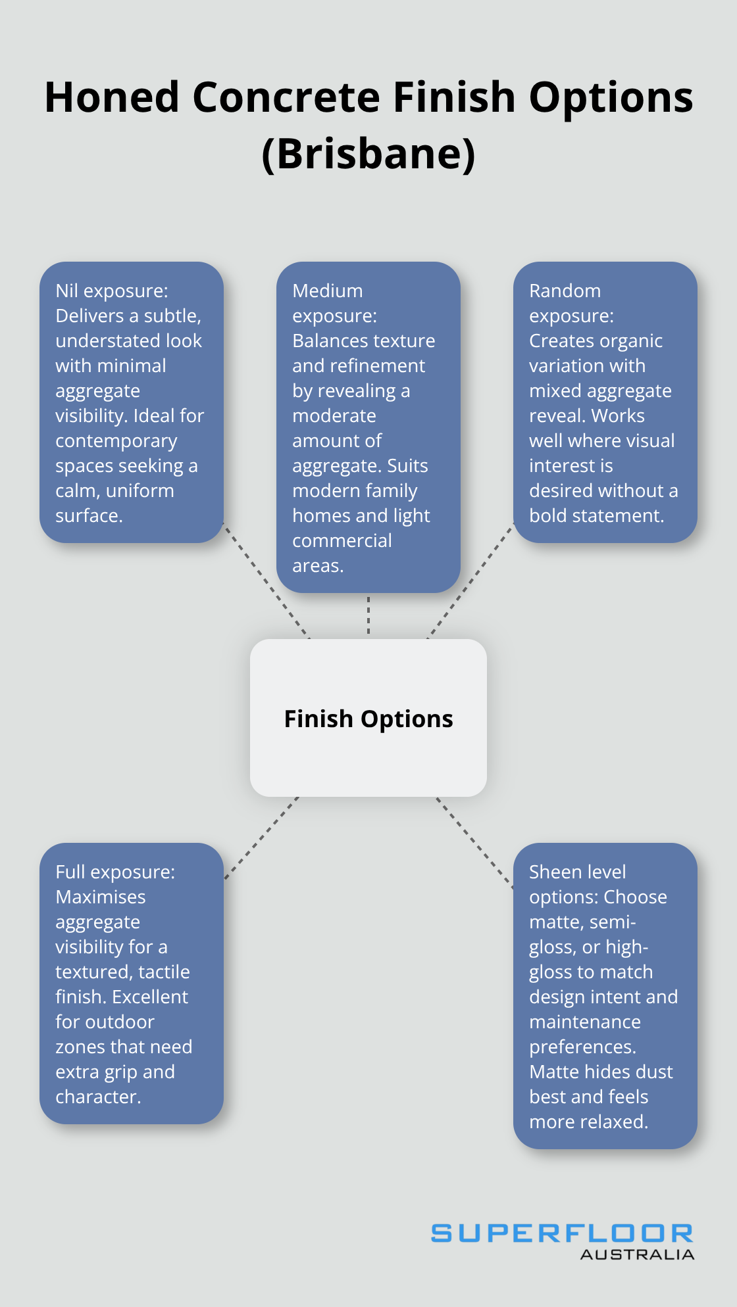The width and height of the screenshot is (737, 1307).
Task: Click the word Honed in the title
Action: click(x=112, y=97)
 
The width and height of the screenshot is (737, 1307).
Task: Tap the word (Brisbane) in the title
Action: click(x=368, y=154)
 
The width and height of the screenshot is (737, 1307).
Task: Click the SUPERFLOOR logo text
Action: click(x=562, y=1233)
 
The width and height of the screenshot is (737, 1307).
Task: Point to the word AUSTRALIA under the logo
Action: click(x=637, y=1255)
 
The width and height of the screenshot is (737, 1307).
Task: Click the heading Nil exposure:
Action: click(x=112, y=291)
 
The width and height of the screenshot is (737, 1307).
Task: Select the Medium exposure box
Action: click(x=368, y=427)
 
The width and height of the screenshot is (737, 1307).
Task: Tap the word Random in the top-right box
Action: click(x=565, y=291)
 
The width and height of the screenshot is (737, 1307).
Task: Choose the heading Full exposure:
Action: click(x=115, y=872)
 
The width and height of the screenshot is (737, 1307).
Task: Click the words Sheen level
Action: click(x=577, y=872)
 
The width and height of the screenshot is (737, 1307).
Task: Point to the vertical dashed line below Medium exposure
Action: click(x=368, y=615)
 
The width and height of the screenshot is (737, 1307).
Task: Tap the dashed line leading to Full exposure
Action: click(x=261, y=838)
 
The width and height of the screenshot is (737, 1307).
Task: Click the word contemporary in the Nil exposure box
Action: click(x=116, y=440)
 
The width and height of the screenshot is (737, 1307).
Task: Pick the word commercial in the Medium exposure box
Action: click(x=342, y=540)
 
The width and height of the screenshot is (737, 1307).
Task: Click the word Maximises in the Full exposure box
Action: click(x=101, y=897)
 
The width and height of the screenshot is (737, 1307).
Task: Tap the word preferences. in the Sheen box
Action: click(x=582, y=1047)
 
